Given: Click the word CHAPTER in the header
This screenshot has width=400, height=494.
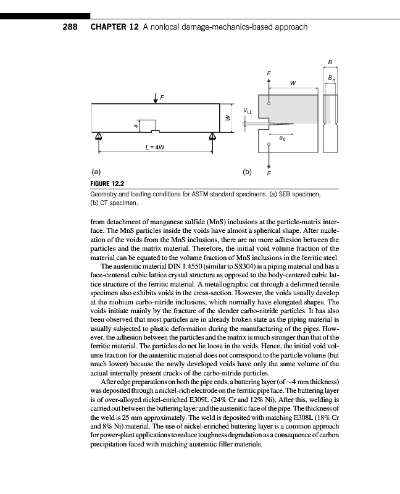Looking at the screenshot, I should (x=108, y=27).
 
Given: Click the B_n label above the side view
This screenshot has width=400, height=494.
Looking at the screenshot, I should (x=332, y=77).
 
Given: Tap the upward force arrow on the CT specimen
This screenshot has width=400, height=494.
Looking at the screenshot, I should (x=269, y=83).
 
